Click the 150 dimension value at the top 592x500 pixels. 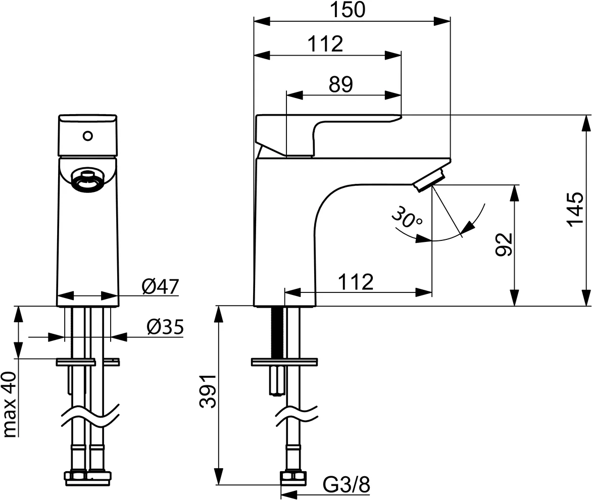pyautogui.click(x=348, y=10)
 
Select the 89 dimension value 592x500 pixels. pyautogui.click(x=340, y=84)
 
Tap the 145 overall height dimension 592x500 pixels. pyautogui.click(x=576, y=210)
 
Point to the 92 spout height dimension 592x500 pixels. pyautogui.click(x=504, y=244)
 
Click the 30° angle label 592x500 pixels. pyautogui.click(x=407, y=218)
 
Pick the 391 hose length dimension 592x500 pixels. pyautogui.click(x=208, y=391)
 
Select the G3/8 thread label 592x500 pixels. pyautogui.click(x=346, y=484)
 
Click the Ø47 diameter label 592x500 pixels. pyautogui.click(x=160, y=287)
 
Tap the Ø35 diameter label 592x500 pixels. pyautogui.click(x=165, y=327)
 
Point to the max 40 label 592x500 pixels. pyautogui.click(x=10, y=405)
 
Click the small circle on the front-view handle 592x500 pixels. pyautogui.click(x=88, y=135)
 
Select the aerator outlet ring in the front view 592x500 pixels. pyautogui.click(x=87, y=179)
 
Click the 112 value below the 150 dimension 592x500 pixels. pyautogui.click(x=325, y=44)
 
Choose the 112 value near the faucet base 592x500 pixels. pyautogui.click(x=356, y=281)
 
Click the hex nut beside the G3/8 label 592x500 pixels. pyautogui.click(x=294, y=478)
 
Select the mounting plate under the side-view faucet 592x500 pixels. pyautogui.click(x=284, y=362)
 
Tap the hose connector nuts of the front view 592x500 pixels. pyautogui.click(x=88, y=478)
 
